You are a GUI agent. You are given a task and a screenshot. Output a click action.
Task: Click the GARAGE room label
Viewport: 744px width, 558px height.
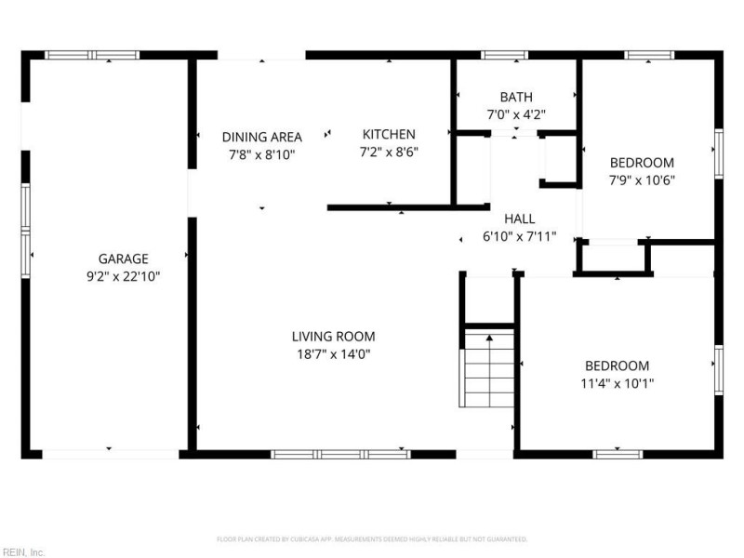coord(124,259)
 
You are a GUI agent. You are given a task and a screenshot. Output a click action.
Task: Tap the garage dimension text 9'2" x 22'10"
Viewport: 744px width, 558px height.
coord(124,276)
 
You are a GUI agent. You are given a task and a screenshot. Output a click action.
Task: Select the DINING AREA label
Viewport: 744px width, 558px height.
coord(261,137)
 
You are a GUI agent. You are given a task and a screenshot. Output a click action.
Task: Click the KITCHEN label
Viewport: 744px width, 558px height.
coord(389,134)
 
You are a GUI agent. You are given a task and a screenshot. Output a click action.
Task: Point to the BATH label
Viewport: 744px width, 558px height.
coord(515,97)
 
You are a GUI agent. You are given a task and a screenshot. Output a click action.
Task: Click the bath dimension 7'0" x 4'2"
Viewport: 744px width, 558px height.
coord(515,114)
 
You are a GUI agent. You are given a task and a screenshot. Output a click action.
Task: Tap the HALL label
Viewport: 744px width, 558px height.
coord(519,219)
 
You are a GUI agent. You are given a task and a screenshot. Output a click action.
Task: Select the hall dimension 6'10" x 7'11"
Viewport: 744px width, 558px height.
coord(519,236)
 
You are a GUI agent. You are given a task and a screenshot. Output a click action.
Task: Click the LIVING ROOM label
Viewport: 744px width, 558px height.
coord(334,336)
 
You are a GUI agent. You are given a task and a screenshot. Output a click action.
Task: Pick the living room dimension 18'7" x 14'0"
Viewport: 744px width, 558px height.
coord(334,353)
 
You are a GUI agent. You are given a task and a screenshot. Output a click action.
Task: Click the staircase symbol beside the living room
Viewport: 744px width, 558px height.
coord(488,367)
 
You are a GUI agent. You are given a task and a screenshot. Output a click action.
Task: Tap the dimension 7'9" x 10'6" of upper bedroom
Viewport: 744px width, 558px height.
coord(642,179)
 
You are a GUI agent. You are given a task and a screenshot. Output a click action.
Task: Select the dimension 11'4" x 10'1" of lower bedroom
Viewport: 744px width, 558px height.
coord(618,383)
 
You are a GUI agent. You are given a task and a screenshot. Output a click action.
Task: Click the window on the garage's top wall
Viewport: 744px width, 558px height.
coord(92,55)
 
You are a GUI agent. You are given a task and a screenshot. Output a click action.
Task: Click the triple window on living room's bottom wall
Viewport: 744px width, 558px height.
coord(340,454)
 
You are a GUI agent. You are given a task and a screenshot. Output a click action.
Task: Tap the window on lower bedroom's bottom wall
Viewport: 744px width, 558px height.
coord(618,454)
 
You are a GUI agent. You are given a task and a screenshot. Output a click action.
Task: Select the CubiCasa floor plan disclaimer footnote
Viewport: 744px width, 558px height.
coord(372,538)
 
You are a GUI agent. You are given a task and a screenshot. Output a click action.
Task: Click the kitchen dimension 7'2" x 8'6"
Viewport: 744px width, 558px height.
coord(389,152)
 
